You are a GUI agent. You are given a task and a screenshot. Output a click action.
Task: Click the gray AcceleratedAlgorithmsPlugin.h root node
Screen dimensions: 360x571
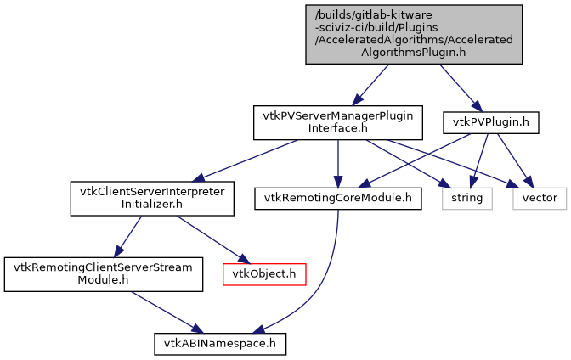point(414,34)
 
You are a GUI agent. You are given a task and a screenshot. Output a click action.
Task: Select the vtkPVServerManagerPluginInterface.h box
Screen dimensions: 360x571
point(338,122)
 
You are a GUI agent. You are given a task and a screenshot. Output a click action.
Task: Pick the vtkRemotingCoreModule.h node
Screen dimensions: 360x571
point(338,198)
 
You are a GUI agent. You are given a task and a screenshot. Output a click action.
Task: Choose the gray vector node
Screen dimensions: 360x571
point(540,198)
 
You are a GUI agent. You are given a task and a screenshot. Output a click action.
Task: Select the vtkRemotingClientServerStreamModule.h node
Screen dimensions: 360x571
point(104,273)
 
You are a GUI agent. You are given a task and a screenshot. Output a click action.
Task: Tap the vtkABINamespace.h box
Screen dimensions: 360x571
point(220,344)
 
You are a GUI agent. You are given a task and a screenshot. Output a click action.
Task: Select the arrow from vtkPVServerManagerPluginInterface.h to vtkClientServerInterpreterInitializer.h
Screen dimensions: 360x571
point(246,160)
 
